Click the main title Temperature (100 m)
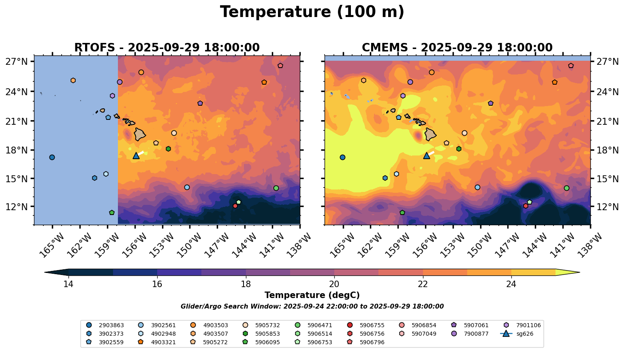click(312, 12)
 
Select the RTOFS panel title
click(167, 48)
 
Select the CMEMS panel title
click(457, 48)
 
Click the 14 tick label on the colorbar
click(68, 284)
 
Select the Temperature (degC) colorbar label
click(312, 296)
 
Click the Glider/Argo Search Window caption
click(312, 307)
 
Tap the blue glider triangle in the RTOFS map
click(136, 156)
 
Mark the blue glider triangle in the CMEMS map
click(426, 156)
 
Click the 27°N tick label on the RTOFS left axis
click(17, 62)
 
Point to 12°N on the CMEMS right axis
click(607, 207)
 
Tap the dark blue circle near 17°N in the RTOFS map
click(52, 157)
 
